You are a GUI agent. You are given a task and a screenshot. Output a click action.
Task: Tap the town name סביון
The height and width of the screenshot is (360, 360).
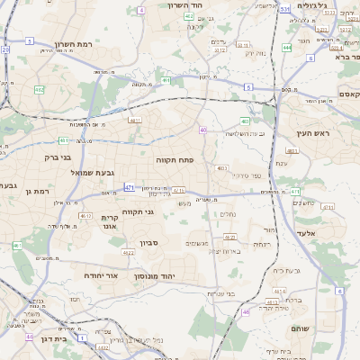coord(149,243)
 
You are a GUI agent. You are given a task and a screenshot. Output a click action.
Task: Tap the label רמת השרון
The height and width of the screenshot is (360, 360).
coord(75,43)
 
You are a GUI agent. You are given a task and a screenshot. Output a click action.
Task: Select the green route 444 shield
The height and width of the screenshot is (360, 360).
coord(287,47)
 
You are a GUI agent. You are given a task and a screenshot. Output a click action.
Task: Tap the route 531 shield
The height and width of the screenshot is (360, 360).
coord(284,9)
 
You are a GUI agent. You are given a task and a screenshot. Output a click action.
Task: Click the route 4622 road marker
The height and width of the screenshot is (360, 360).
coord(129,253)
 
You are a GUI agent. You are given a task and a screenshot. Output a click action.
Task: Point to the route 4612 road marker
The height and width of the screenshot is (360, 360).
coord(85,216)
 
